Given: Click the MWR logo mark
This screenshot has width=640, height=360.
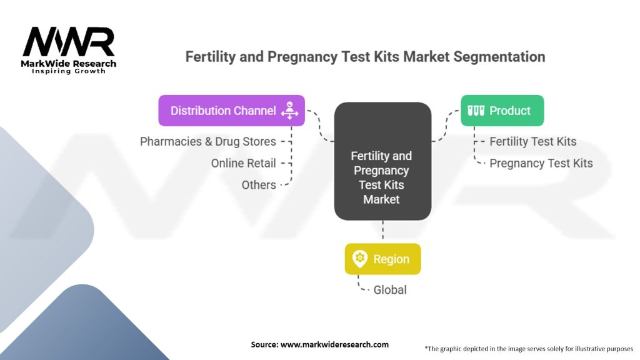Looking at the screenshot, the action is pyautogui.click(x=69, y=42).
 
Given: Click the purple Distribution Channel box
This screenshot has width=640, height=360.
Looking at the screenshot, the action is pyautogui.click(x=231, y=111).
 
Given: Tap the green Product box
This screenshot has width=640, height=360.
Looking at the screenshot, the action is pyautogui.click(x=502, y=111).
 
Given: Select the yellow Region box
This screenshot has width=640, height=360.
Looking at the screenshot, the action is pyautogui.click(x=382, y=259).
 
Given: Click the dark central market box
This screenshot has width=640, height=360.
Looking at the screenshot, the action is pyautogui.click(x=382, y=161).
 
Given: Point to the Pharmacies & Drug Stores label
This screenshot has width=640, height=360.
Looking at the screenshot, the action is pyautogui.click(x=208, y=142).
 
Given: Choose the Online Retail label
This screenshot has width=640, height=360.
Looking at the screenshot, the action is pyautogui.click(x=244, y=163).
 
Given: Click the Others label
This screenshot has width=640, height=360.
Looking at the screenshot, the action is pyautogui.click(x=259, y=185).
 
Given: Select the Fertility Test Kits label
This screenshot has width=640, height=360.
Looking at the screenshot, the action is pyautogui.click(x=532, y=142).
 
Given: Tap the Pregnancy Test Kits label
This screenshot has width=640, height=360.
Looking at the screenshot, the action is pyautogui.click(x=541, y=163).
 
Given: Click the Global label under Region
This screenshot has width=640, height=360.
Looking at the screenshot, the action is pyautogui.click(x=390, y=290).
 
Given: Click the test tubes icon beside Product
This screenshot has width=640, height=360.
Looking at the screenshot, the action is pyautogui.click(x=476, y=111).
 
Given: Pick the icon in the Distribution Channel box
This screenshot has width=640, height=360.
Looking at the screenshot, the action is pyautogui.click(x=289, y=111).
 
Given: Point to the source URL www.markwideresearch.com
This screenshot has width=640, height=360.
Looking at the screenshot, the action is pyautogui.click(x=334, y=344).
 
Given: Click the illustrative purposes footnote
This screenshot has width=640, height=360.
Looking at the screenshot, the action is pyautogui.click(x=529, y=349).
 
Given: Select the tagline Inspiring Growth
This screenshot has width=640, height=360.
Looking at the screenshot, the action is pyautogui.click(x=69, y=71).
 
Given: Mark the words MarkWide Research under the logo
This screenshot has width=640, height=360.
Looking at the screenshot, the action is pyautogui.click(x=69, y=63).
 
